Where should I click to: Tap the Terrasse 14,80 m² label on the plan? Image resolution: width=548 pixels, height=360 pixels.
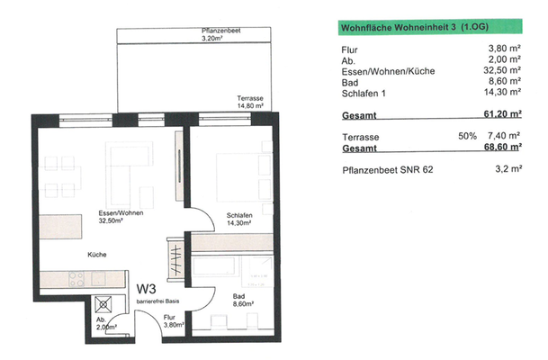[x=249, y=101]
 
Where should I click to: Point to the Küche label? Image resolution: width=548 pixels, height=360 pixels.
[x=97, y=256]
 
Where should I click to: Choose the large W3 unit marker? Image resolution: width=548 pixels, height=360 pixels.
[x=148, y=290]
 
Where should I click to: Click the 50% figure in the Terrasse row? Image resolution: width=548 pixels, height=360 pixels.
[x=466, y=135]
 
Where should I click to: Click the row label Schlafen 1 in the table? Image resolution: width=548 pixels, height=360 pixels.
[x=365, y=92]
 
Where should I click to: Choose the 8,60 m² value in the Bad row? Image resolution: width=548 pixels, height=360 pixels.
[x=508, y=81]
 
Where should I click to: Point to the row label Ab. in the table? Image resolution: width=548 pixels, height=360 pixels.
[x=348, y=59]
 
